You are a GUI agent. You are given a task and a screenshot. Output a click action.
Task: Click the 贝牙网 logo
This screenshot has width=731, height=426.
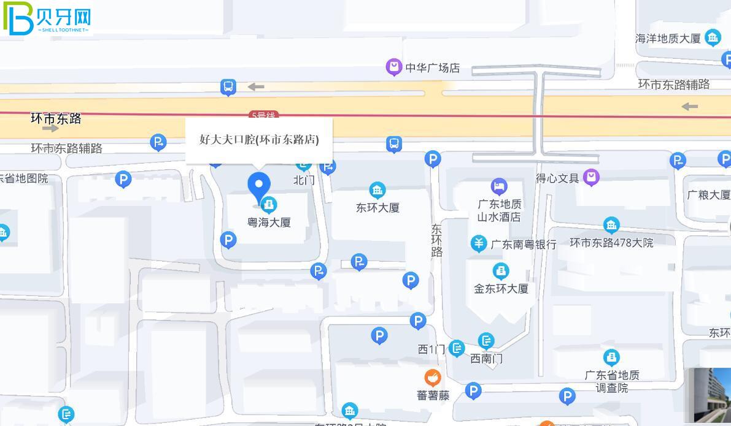coord(47,18)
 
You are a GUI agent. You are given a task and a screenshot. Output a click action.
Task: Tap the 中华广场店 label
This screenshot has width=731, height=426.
coord(432,68)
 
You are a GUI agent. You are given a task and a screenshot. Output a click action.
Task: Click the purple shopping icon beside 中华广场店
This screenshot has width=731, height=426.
coord(393,66)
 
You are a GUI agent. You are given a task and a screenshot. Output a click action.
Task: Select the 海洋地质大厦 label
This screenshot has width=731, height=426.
coord(668,39)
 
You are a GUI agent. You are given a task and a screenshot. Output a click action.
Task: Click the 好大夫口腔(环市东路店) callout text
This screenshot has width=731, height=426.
coord(259,139)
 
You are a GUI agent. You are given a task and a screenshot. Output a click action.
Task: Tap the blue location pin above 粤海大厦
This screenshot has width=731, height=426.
coord(258,186)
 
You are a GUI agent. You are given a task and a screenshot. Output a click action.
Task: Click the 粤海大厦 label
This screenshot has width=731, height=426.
coord(269,223)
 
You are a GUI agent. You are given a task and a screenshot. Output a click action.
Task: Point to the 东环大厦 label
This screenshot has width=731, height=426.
coord(377,208)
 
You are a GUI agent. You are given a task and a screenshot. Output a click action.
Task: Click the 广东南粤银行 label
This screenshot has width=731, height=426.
coord(524,245)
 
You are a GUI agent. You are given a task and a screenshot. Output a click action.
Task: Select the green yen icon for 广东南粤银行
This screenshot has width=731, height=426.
coord(479,243)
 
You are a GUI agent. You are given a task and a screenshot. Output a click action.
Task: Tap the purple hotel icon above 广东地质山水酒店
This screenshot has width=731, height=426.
coord(499,186)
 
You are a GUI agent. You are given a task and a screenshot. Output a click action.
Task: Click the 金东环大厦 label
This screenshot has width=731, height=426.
coord(501,289)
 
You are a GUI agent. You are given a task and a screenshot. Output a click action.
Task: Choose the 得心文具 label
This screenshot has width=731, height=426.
coord(557,178)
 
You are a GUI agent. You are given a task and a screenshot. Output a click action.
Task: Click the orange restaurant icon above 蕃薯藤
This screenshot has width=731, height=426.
coord(433,378)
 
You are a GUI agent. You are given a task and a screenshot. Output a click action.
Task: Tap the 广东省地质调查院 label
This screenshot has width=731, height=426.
coord(611,381)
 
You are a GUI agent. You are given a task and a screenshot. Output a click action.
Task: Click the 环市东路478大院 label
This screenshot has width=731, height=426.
coord(611,243)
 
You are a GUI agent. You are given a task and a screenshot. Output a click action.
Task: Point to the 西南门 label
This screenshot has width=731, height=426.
coord(486,359)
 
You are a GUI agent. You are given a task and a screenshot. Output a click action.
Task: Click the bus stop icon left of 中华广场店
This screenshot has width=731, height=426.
coord(228,87)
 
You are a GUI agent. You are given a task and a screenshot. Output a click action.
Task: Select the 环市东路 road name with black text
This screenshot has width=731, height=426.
coord(56,118)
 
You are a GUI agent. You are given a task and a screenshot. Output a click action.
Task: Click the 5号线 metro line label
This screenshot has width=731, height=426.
coord(263,115)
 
